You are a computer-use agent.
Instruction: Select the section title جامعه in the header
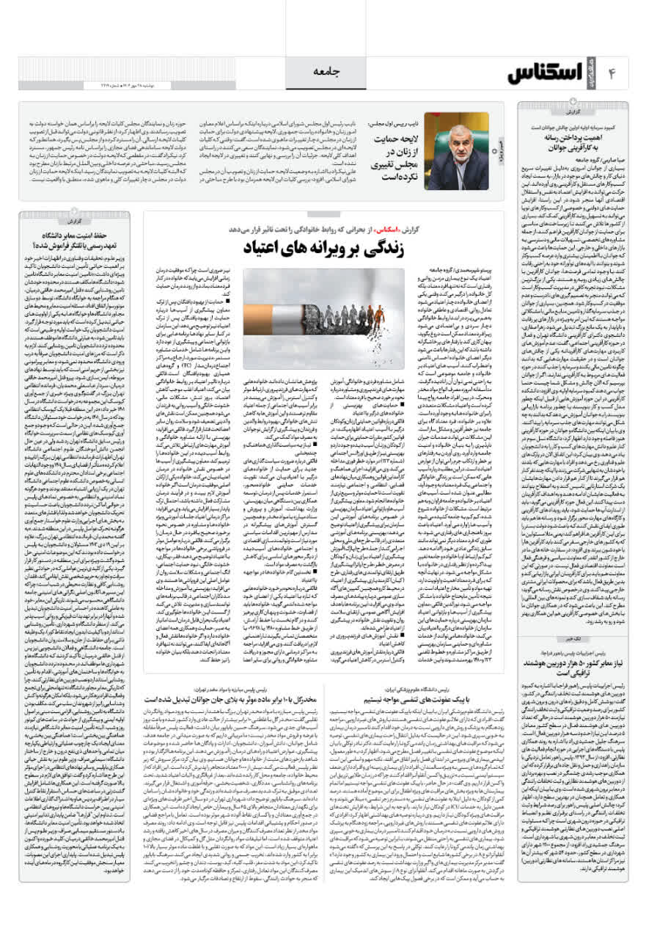(x=328, y=72)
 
